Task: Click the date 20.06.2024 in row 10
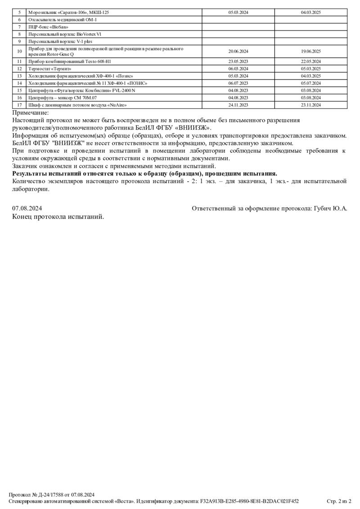tap(238, 51)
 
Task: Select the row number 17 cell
tap(19, 105)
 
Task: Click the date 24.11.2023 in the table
tap(238, 105)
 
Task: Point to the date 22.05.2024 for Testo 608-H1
tap(310, 61)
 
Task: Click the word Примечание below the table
tap(31, 113)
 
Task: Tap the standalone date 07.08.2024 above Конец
tap(27, 209)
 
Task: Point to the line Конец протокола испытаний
tap(58, 217)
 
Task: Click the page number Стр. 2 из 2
tap(339, 501)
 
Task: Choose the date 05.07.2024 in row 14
tap(310, 83)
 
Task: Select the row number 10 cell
tap(19, 51)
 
